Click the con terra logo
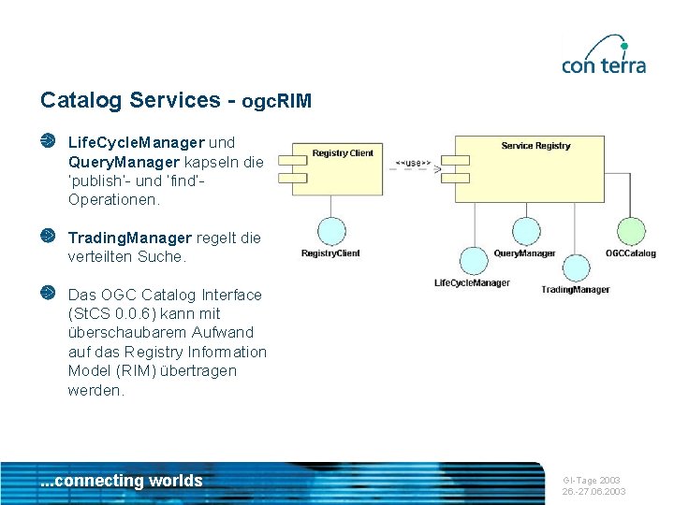pos(604,55)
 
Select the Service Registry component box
pos(536,169)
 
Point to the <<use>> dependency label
pos(413,164)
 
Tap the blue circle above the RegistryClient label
pos(330,231)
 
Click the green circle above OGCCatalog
pos(631,231)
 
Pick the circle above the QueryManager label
pos(524,231)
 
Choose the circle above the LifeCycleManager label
pos(473,261)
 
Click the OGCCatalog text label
pos(630,253)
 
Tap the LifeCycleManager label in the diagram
pos(473,282)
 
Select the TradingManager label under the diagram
pos(575,289)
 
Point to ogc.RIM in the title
pos(276,100)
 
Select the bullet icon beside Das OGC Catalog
pos(48,294)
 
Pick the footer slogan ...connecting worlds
pos(122,481)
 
